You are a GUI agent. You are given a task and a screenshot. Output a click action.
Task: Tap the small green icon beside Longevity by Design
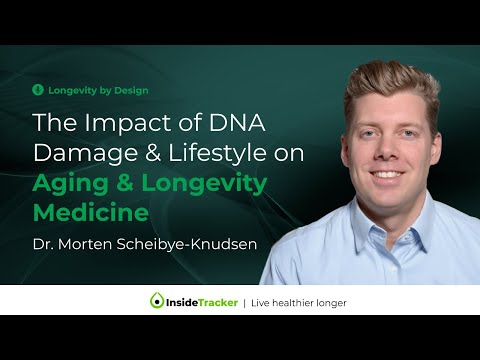pos(38,90)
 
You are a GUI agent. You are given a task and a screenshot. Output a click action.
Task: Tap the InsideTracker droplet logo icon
pos(156,300)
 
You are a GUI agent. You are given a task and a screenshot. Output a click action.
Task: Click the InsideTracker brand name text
pos(206,300)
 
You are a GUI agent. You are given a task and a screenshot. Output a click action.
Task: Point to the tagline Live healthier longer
pos(298,300)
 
